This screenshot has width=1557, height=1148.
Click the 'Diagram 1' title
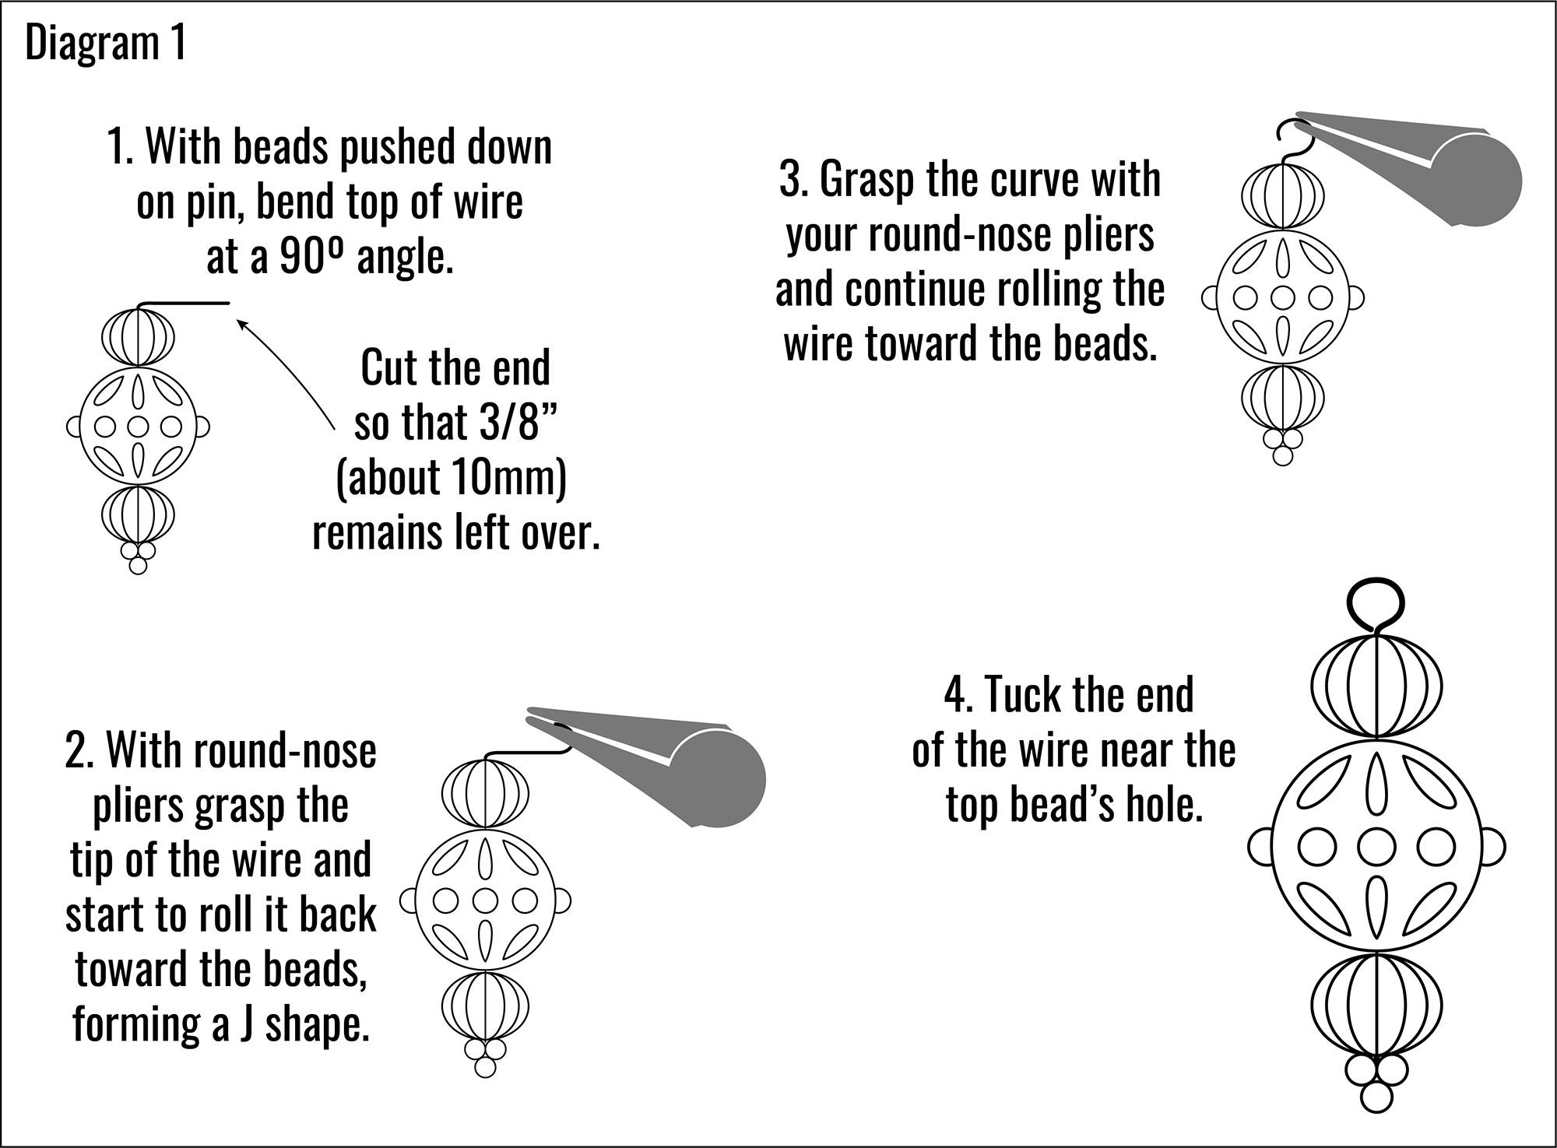click(x=105, y=43)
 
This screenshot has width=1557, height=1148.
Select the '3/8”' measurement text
click(x=506, y=423)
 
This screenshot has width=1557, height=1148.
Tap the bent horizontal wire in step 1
click(x=187, y=304)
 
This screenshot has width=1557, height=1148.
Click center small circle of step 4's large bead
click(x=1376, y=845)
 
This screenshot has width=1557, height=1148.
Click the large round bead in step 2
click(x=485, y=901)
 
